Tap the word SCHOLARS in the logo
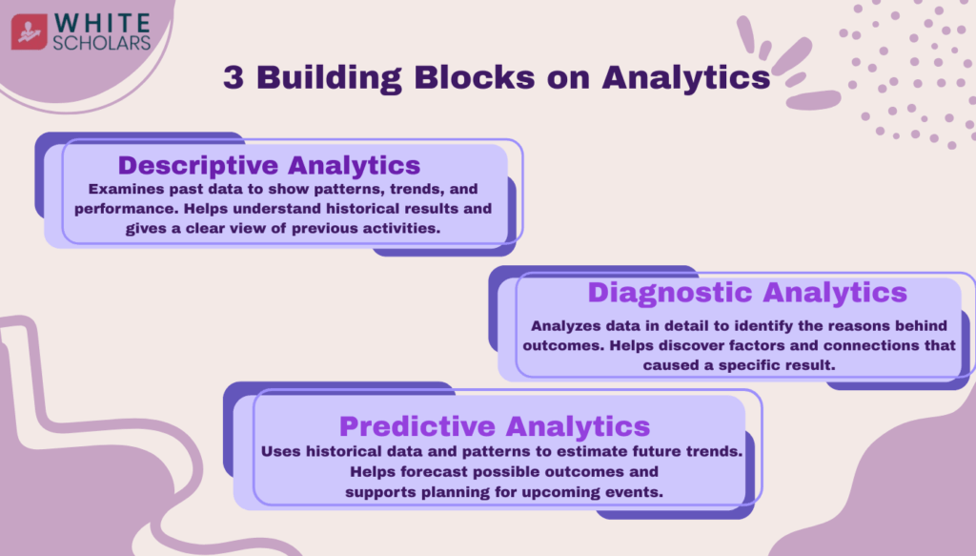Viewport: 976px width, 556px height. (x=102, y=42)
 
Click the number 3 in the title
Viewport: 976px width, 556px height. (x=233, y=77)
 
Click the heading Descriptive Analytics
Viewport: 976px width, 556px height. (x=269, y=164)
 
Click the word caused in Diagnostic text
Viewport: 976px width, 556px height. (x=669, y=364)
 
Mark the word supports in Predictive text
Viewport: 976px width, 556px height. (x=377, y=491)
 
